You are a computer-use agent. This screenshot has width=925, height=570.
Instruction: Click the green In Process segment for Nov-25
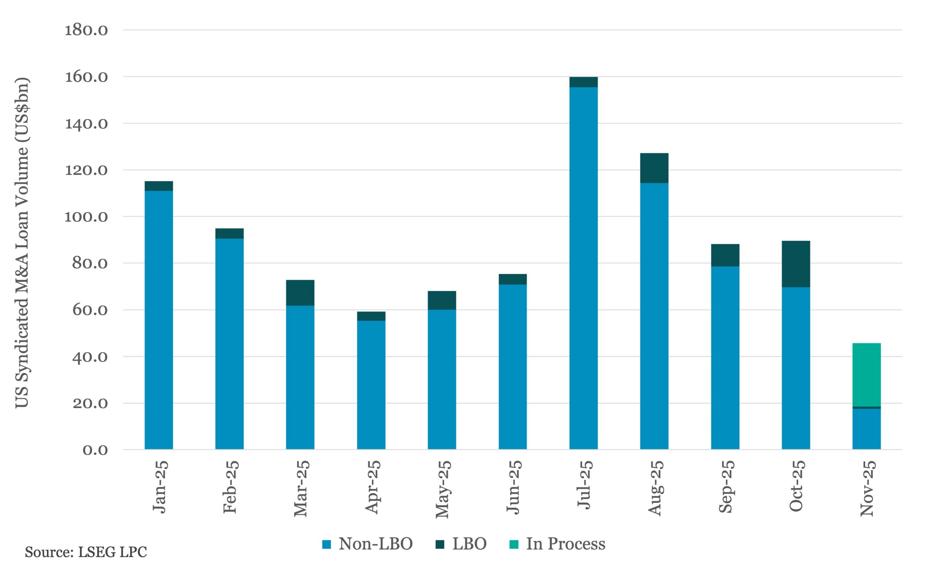[866, 375]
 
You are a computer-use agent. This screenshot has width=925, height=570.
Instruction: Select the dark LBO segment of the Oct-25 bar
[795, 264]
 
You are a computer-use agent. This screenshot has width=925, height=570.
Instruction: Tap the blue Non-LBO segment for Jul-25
[583, 268]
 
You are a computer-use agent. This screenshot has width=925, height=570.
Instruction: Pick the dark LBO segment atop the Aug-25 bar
[654, 168]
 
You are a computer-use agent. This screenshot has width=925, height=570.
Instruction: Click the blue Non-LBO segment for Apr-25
[371, 385]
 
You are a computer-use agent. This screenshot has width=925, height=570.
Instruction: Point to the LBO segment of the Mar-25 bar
[300, 292]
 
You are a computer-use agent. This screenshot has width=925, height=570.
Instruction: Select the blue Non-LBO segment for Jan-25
[159, 320]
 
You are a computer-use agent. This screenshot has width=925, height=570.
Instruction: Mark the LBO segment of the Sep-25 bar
[725, 255]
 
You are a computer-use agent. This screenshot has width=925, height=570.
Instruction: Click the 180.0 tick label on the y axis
[86, 30]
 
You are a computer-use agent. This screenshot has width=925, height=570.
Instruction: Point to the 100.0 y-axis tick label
[86, 217]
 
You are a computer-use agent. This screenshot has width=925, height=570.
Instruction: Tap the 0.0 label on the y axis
[95, 450]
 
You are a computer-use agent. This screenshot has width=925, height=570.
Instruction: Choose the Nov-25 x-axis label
[866, 488]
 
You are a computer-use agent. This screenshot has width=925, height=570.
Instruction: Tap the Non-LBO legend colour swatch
[327, 544]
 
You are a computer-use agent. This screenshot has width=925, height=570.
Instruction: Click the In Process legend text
[565, 544]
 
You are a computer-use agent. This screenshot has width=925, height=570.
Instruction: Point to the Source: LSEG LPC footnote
[86, 552]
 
